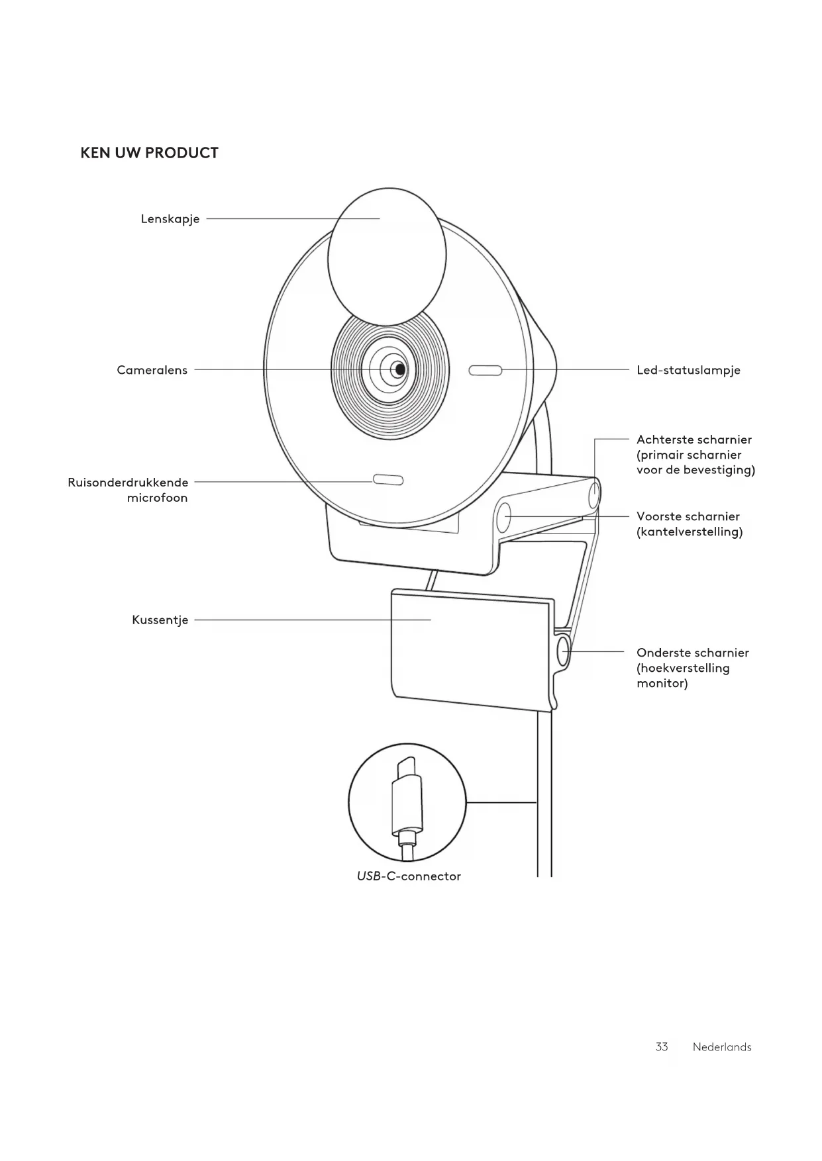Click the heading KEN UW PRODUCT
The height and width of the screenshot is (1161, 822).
pyautogui.click(x=149, y=153)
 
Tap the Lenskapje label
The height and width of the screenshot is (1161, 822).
pyautogui.click(x=170, y=219)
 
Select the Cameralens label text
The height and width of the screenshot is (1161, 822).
pyautogui.click(x=152, y=370)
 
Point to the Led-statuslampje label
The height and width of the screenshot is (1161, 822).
pyautogui.click(x=688, y=370)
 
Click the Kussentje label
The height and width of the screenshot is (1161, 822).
pyautogui.click(x=160, y=620)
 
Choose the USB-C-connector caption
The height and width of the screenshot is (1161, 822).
pyautogui.click(x=409, y=876)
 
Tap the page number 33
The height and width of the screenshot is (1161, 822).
pyautogui.click(x=661, y=1047)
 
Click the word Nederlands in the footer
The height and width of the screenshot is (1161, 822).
pyautogui.click(x=722, y=1047)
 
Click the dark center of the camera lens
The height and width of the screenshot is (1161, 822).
pyautogui.click(x=399, y=369)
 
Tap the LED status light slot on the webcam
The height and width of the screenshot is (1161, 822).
pyautogui.click(x=486, y=370)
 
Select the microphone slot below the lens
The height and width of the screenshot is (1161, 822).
pyautogui.click(x=387, y=479)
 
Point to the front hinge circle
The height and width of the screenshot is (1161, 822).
pyautogui.click(x=503, y=517)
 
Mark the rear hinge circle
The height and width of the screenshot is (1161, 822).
pyautogui.click(x=594, y=494)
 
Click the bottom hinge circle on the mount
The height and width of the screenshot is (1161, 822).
pyautogui.click(x=564, y=651)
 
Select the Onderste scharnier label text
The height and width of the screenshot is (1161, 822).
pyautogui.click(x=692, y=653)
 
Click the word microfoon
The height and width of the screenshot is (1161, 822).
pyautogui.click(x=157, y=498)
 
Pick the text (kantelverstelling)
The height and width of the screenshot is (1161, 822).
pyautogui.click(x=689, y=532)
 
